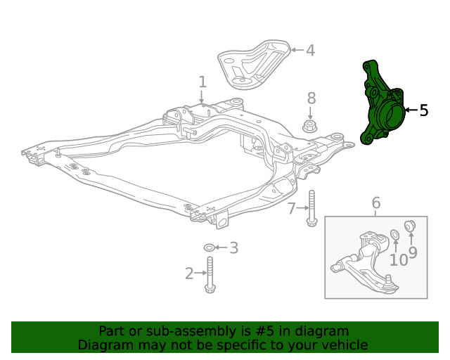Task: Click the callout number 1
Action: tap(202, 82)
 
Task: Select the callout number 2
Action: tap(189, 274)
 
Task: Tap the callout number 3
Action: tap(234, 247)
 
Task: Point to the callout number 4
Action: tap(310, 50)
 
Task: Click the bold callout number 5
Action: tap(423, 110)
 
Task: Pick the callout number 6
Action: tap(376, 203)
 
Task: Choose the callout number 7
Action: tap(291, 208)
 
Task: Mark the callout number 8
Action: tap(311, 98)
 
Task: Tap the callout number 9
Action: tap(413, 252)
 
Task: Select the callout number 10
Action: tap(398, 259)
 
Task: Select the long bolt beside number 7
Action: tap(311, 209)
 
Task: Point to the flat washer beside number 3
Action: tap(209, 248)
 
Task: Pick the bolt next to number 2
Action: tap(209, 275)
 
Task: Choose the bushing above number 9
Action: tap(412, 225)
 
